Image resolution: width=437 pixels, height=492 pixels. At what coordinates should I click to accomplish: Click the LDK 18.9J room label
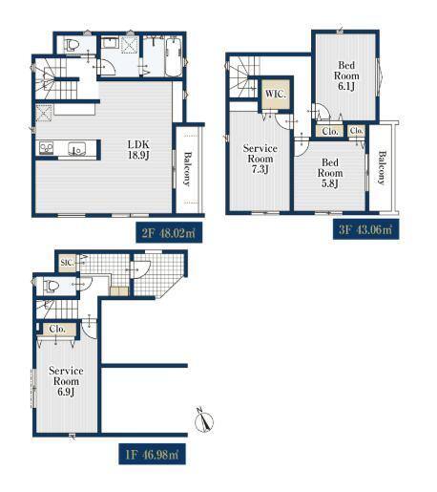coord(138,150)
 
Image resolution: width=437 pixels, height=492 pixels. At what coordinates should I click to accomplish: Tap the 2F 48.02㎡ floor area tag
coord(169,233)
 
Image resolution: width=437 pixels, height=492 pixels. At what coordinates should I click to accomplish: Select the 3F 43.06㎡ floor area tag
coord(365,229)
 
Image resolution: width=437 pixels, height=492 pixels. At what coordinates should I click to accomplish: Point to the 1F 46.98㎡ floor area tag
coord(153,454)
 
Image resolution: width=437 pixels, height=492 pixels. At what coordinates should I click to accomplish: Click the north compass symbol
coord(203,419)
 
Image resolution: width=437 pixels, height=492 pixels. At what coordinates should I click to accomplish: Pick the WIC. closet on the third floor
coord(276,94)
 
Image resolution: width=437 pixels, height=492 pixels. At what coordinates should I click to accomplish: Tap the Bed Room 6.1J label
coord(346,75)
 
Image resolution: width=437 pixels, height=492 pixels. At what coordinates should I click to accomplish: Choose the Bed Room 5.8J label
coord(330,173)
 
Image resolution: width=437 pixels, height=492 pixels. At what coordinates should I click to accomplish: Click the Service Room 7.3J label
coord(260,159)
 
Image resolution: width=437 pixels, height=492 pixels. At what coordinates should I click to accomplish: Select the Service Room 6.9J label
coord(66,381)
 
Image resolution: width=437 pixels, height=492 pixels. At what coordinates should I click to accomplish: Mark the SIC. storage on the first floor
coord(68,263)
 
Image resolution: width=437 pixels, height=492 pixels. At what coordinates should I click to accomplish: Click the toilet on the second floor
coord(71,45)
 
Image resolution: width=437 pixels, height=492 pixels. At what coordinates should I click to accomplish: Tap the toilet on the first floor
coord(52,286)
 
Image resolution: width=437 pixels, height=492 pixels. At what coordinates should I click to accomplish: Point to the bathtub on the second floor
coord(174,57)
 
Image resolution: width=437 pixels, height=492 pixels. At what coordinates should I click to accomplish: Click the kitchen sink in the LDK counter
coord(76,149)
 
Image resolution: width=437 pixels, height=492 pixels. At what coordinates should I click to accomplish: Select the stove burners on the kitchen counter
coord(46,148)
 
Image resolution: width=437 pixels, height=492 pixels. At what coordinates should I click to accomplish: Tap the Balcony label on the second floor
coord(188,169)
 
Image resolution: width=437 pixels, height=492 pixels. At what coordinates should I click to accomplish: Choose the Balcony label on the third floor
coord(382,167)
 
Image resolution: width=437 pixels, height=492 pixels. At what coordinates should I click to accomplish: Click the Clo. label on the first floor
coord(57,329)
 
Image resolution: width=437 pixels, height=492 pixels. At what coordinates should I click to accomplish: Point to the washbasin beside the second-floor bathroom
coord(110,43)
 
